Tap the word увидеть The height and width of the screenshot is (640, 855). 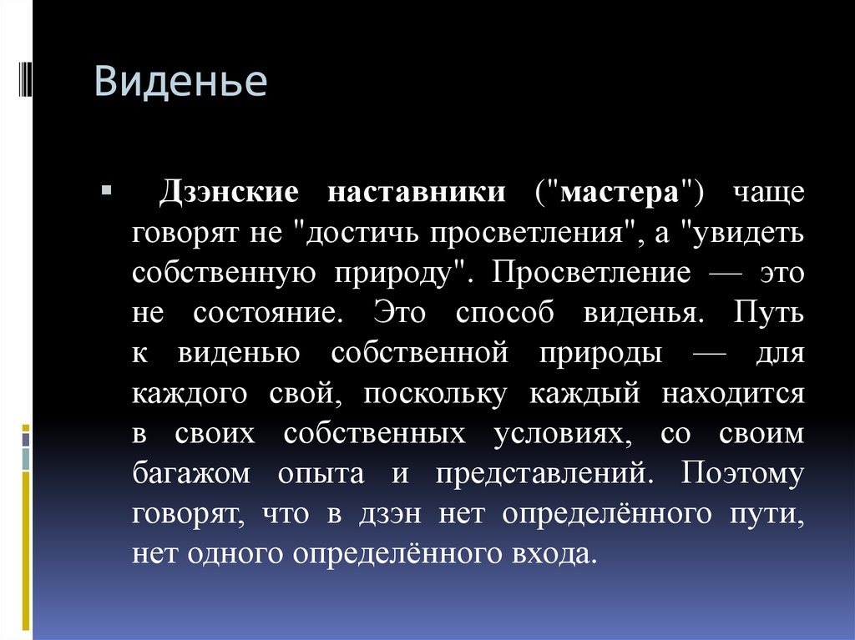click(741, 233)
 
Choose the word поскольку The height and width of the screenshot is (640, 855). click(434, 394)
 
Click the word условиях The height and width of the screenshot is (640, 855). click(563, 434)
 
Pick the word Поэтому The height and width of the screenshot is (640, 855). click(742, 474)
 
